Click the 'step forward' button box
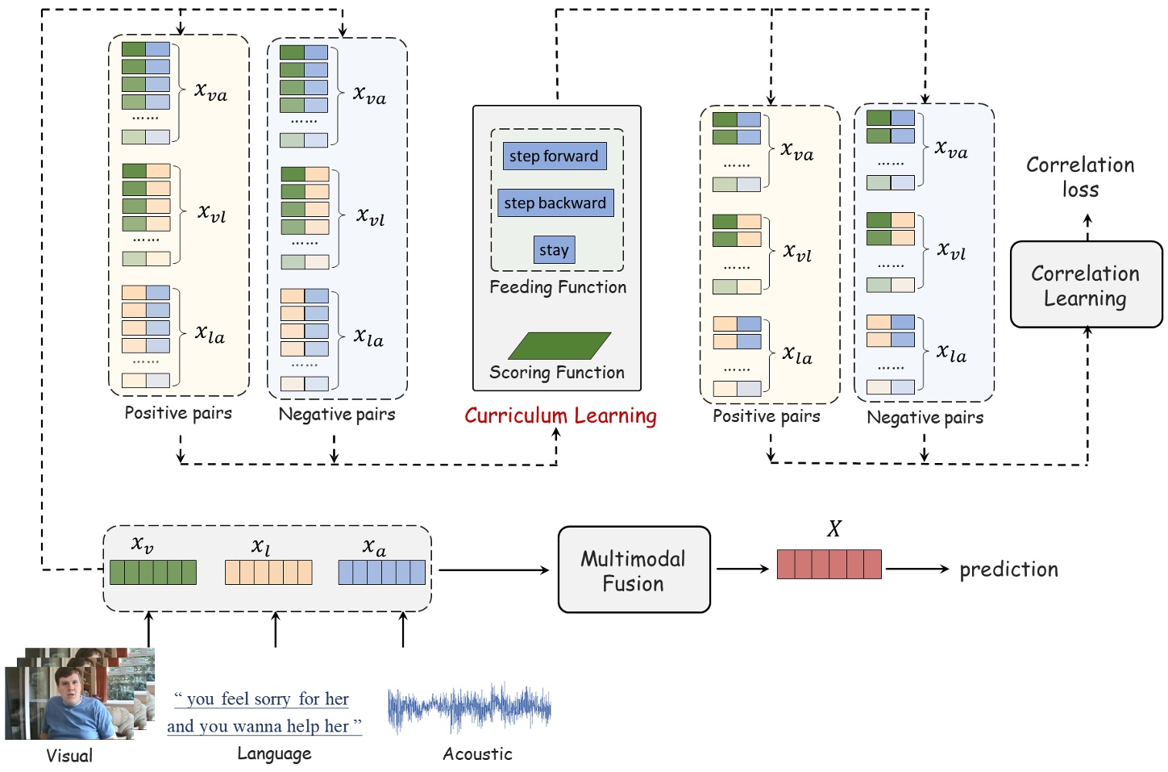pyautogui.click(x=554, y=156)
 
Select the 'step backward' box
pyautogui.click(x=555, y=202)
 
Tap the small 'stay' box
pyautogui.click(x=554, y=250)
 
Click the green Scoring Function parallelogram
pyautogui.click(x=559, y=345)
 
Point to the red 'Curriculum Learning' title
pyautogui.click(x=560, y=416)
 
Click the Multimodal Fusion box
pyautogui.click(x=634, y=570)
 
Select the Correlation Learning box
pyautogui.click(x=1085, y=286)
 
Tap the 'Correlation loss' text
pyautogui.click(x=1080, y=177)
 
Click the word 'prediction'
pyautogui.click(x=1008, y=570)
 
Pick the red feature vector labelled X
pyautogui.click(x=829, y=564)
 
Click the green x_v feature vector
pyautogui.click(x=152, y=572)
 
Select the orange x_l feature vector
pyautogui.click(x=268, y=572)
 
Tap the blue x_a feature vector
pyautogui.click(x=381, y=572)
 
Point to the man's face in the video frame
pyautogui.click(x=67, y=688)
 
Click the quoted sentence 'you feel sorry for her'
pyautogui.click(x=263, y=699)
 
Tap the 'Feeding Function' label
pyautogui.click(x=558, y=287)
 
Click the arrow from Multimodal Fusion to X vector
pyautogui.click(x=742, y=570)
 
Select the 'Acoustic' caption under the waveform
pyautogui.click(x=477, y=754)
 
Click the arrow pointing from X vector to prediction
pyautogui.click(x=917, y=570)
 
